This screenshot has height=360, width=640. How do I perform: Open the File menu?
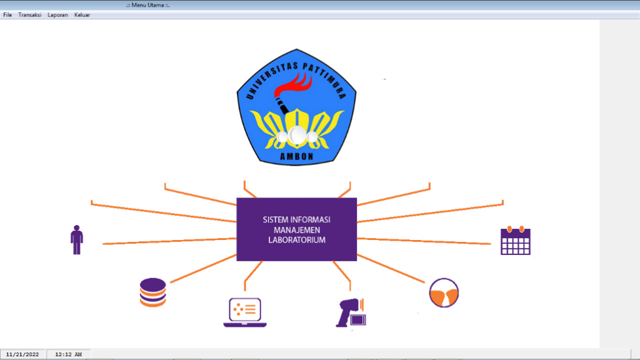coord(7,15)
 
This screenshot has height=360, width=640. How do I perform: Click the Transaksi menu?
coord(30,15)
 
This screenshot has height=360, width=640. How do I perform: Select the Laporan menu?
coord(57,15)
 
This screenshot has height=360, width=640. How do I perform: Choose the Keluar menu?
coord(82,15)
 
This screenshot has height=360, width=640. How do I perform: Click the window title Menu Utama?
coord(147,5)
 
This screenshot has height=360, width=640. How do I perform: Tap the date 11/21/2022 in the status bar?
coord(22,354)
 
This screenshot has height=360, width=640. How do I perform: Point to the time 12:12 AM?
coord(69,354)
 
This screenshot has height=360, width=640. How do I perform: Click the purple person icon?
coord(77,240)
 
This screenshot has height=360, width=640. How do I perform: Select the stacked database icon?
coord(152,292)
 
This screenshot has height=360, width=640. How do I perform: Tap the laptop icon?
coord(245,312)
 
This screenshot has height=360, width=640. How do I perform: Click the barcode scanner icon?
coord(351,312)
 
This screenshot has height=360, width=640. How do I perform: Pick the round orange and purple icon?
coord(444,292)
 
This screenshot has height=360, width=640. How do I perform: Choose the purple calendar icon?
coord(516,241)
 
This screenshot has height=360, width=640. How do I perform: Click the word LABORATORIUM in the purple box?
coord(297,240)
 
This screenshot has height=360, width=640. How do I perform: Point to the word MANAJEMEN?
coord(297,230)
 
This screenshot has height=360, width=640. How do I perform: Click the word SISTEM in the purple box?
coord(275,220)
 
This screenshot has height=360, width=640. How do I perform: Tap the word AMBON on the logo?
coord(297,156)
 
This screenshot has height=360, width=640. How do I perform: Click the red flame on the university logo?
coord(293,85)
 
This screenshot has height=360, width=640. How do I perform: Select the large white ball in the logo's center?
coord(297,135)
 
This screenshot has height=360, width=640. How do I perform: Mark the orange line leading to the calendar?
coord(424,241)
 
